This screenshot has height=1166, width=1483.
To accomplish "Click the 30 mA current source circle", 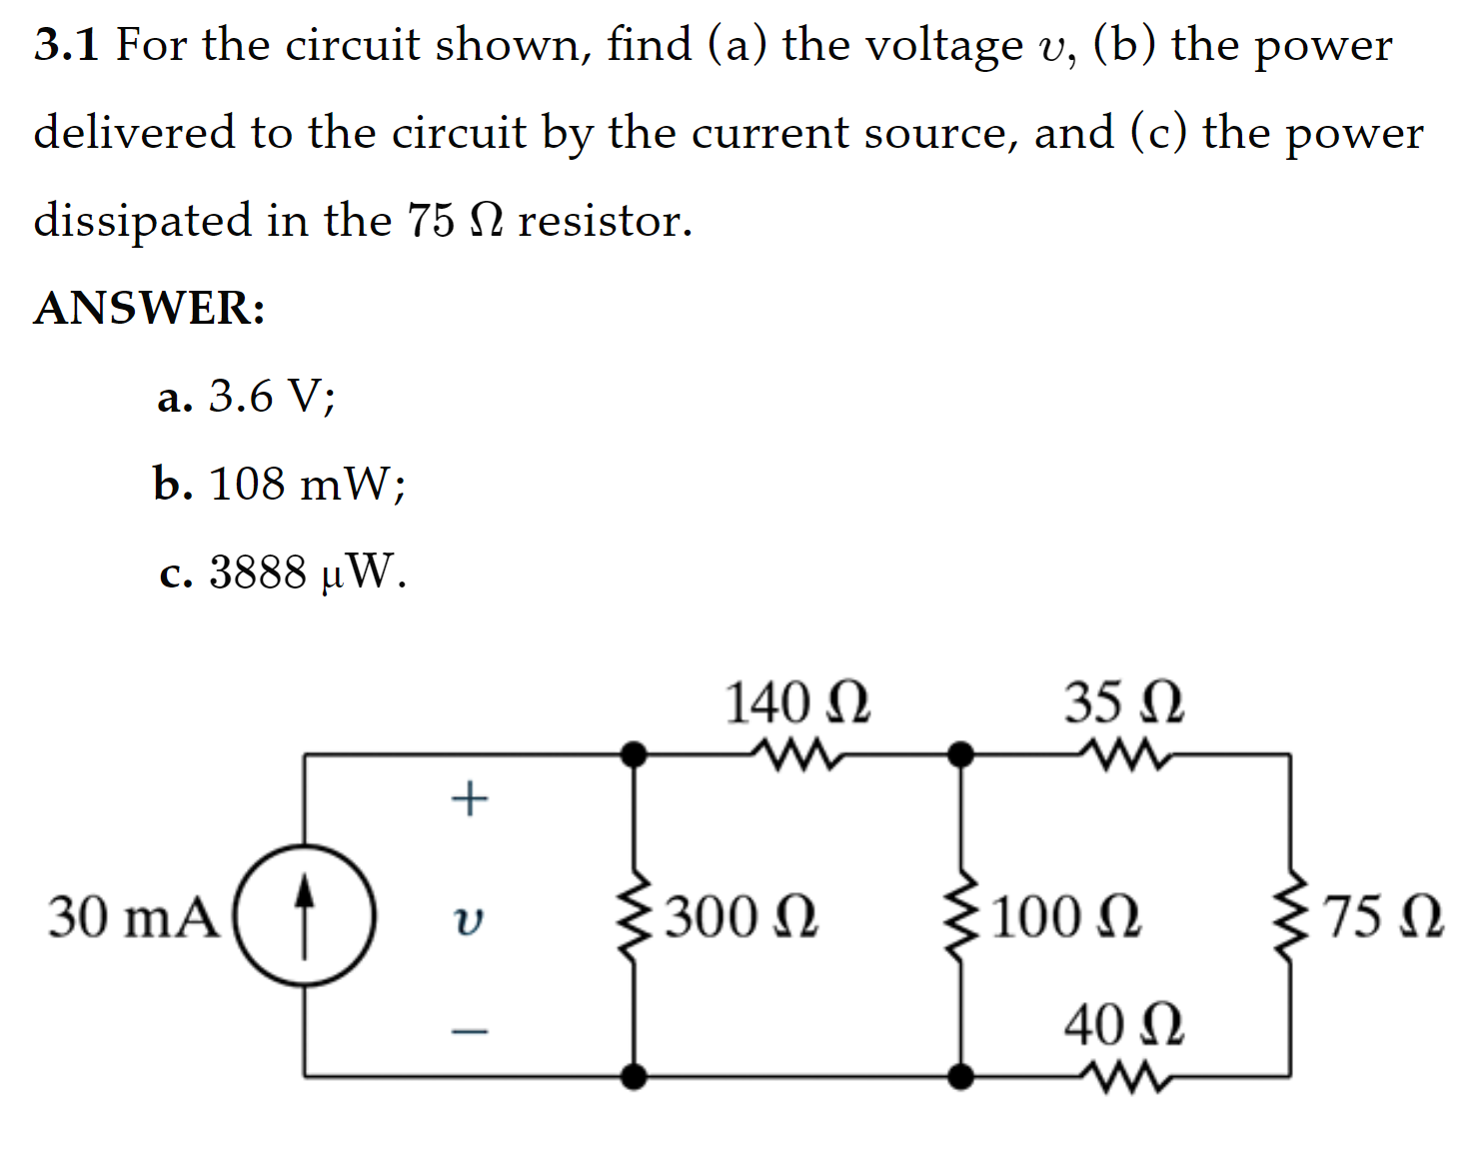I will click(305, 916).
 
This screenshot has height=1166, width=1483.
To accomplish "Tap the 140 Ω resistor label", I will click(796, 702).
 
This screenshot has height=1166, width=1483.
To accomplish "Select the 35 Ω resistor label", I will click(1123, 702).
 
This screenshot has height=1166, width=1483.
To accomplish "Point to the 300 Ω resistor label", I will click(741, 916).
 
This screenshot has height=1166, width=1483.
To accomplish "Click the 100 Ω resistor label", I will click(1066, 916).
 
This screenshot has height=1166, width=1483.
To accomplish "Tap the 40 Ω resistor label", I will click(1123, 1025).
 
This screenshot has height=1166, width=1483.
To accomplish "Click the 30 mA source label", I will click(133, 916).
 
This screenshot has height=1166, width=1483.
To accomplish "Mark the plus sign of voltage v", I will click(469, 798).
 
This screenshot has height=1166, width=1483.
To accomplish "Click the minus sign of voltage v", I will click(469, 1029).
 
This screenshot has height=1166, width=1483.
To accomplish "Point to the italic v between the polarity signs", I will click(468, 919).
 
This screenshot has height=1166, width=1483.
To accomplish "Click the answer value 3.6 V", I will click(271, 397).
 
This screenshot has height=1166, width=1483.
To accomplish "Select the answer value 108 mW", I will click(307, 485).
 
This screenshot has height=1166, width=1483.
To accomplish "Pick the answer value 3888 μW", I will click(307, 573).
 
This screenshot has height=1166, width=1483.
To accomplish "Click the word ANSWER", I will click(150, 308).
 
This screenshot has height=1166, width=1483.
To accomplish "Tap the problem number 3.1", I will click(66, 45).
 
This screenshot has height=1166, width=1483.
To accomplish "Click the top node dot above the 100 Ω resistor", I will click(960, 753).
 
